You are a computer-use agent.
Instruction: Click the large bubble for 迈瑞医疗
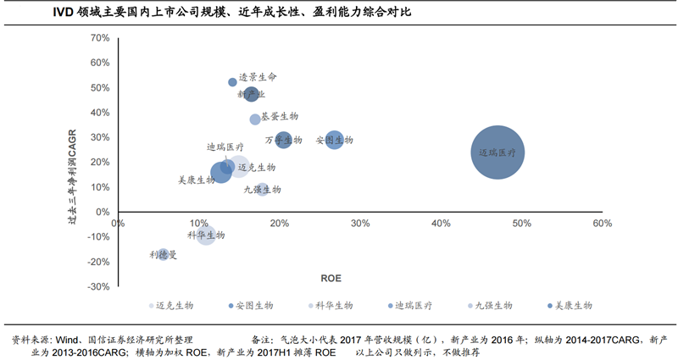[x=497, y=152]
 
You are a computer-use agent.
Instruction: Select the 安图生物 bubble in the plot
[x=335, y=140]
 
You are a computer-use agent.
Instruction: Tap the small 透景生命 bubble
[x=232, y=82]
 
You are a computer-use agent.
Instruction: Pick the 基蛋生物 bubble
[x=255, y=119]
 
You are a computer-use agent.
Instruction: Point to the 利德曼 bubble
[x=164, y=254]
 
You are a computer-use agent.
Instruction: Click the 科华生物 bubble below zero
[x=206, y=235]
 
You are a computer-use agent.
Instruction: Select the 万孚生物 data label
[x=283, y=139]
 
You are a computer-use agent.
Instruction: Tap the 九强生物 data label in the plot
[x=262, y=190]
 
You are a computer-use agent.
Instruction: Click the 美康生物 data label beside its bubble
[x=197, y=180]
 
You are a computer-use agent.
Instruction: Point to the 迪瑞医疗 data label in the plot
[x=225, y=147]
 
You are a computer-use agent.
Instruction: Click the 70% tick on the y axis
[x=100, y=38]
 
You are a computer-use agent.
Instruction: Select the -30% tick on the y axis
[x=98, y=287]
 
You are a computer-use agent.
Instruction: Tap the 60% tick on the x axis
[x=602, y=224]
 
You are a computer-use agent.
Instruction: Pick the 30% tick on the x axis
[x=360, y=224]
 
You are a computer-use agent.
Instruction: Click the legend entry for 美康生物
[x=570, y=305]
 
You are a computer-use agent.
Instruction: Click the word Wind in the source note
[x=67, y=338]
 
